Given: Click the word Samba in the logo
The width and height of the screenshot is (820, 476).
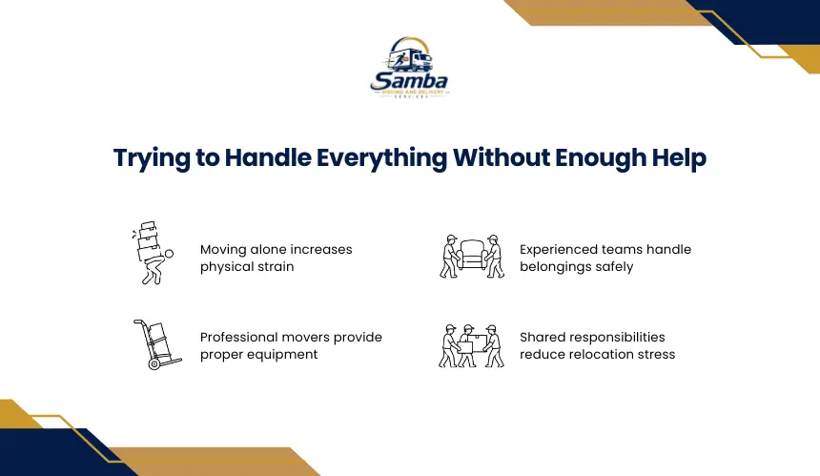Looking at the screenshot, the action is pos(409,81).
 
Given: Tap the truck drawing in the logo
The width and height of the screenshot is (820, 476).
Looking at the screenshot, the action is pos(412,59).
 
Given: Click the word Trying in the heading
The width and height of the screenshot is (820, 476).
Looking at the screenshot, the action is pos(152,158).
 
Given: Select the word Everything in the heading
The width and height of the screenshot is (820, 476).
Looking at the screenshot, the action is pos(381,158).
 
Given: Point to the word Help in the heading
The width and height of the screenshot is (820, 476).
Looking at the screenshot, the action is pos(679,158).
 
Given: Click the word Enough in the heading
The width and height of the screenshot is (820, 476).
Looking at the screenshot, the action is pos(601,158).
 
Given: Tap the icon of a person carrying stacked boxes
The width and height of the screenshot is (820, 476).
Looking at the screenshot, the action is pos(153,253).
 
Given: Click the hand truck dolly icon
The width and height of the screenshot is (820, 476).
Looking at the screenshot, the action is pos(157,344).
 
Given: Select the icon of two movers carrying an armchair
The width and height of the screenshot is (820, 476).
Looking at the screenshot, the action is pos(472,256).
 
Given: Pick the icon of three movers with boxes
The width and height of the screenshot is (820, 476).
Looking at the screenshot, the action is pos(471,345).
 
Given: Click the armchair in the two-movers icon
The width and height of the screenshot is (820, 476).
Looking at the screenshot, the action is pos(472,255).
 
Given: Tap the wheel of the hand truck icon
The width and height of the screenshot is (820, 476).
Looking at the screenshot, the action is pos(154,364).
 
